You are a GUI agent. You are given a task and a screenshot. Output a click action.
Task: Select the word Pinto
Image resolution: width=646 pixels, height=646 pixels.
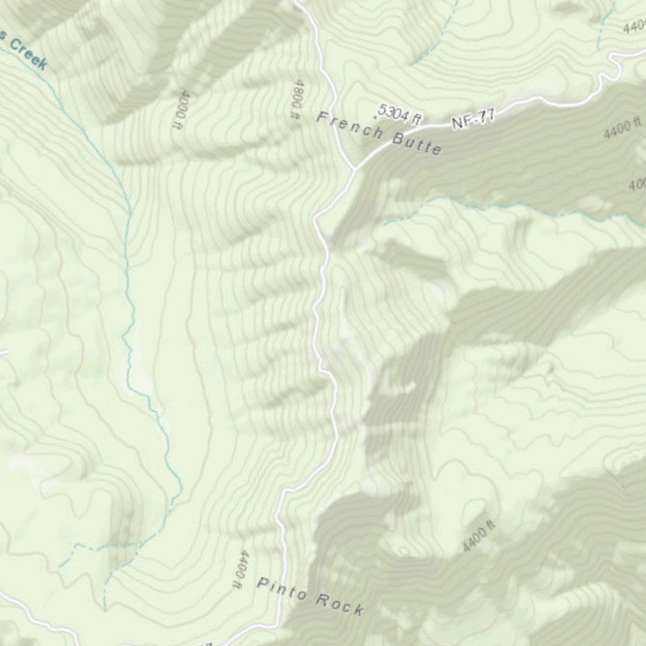coord(281,589)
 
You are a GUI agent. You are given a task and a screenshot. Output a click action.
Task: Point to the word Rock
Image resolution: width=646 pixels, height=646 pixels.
coord(339,604)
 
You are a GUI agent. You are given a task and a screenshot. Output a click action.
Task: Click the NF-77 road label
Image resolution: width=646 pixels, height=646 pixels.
coord(473,119)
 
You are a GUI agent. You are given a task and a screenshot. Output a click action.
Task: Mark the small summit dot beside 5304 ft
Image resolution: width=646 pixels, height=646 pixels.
coord(377,117)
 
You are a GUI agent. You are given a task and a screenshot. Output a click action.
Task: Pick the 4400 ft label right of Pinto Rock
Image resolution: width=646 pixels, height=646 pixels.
coord(479,537)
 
